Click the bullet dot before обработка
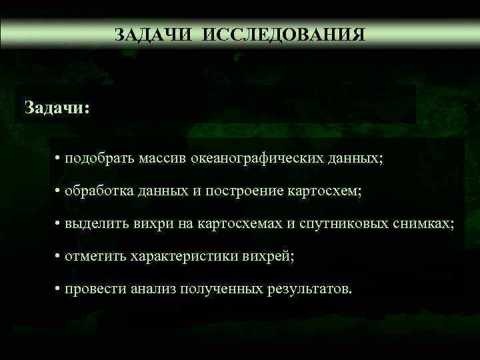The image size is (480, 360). [x=59, y=191]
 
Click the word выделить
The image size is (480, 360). [x=90, y=224]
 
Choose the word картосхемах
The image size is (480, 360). [x=233, y=224]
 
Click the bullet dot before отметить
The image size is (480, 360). [x=59, y=256]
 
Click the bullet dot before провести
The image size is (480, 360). [x=59, y=289]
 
